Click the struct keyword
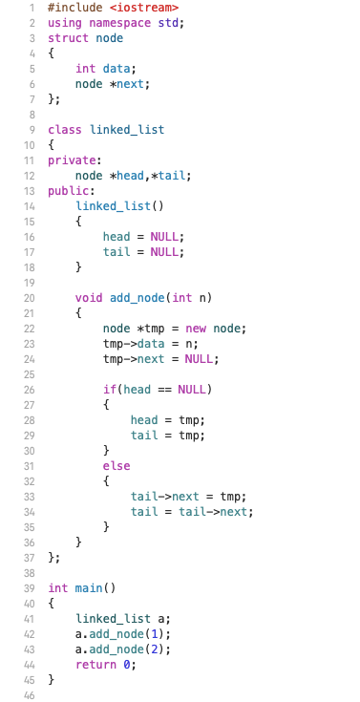click(67, 37)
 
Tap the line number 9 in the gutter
click(33, 129)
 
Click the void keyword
click(89, 297)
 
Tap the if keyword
click(110, 389)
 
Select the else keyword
click(116, 465)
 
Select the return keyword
click(95, 664)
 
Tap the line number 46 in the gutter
click(30, 694)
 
